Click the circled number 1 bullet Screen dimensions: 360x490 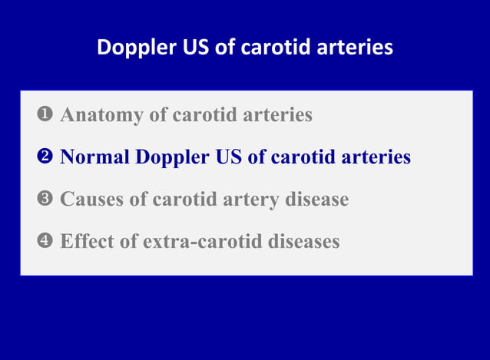pyautogui.click(x=43, y=115)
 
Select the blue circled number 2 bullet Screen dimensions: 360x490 pyautogui.click(x=43, y=157)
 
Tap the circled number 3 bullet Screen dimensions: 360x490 pyautogui.click(x=43, y=200)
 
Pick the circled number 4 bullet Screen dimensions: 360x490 pyautogui.click(x=43, y=242)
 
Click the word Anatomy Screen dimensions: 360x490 pyautogui.click(x=101, y=115)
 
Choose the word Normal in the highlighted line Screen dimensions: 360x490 pyautogui.click(x=94, y=157)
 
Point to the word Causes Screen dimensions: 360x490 pyautogui.click(x=91, y=200)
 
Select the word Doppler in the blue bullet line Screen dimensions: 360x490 pyautogui.click(x=172, y=157)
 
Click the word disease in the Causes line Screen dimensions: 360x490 pyautogui.click(x=318, y=200)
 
